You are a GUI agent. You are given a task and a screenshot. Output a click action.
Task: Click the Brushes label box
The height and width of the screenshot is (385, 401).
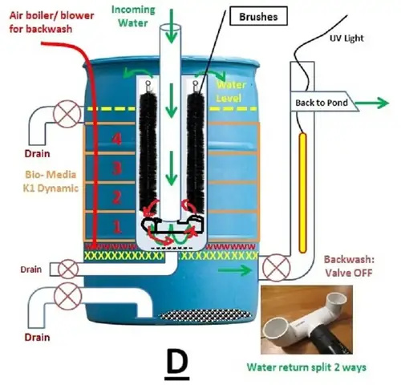pos(258,17)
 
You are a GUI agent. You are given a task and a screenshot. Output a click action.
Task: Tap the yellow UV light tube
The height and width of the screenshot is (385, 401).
pos(302,192)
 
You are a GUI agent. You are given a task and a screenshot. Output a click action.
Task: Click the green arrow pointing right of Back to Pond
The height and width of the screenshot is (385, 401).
pos(372,103)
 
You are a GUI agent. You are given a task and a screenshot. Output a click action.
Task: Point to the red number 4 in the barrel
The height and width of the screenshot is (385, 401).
pos(116,139)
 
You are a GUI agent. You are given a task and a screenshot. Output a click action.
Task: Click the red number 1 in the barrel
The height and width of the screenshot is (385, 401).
pos(117,227)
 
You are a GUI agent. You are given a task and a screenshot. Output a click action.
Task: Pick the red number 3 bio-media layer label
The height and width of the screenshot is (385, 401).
pos(117,168)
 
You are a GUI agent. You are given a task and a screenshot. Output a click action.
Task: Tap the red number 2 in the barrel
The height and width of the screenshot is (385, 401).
pos(117,198)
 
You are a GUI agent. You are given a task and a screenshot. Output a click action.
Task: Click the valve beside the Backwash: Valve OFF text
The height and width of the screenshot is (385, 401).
pos(276,268)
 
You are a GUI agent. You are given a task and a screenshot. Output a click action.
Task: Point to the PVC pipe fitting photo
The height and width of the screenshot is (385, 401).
pos(306,319)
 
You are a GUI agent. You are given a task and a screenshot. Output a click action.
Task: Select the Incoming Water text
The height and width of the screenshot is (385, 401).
pos(133,16)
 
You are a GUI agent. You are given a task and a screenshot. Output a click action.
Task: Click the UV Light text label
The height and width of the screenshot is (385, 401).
pos(346,38)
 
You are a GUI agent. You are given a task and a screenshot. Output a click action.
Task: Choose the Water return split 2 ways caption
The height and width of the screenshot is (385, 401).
pos(306,367)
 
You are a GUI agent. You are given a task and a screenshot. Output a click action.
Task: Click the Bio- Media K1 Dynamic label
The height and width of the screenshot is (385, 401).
pos(51,181)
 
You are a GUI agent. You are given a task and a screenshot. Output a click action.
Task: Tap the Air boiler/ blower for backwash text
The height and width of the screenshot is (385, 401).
pos(51,22)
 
